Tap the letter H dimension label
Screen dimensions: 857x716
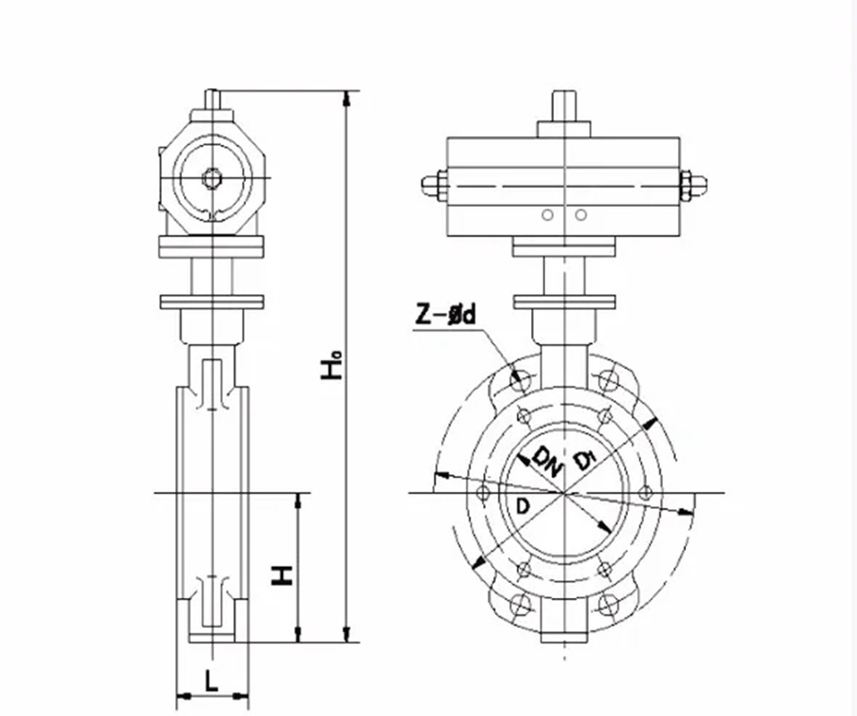point(283,575)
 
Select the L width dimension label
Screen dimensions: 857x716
point(212,680)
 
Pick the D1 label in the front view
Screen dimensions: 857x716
point(585,459)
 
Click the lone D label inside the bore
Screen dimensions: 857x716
point(523,507)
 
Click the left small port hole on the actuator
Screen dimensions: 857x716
point(547,215)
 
